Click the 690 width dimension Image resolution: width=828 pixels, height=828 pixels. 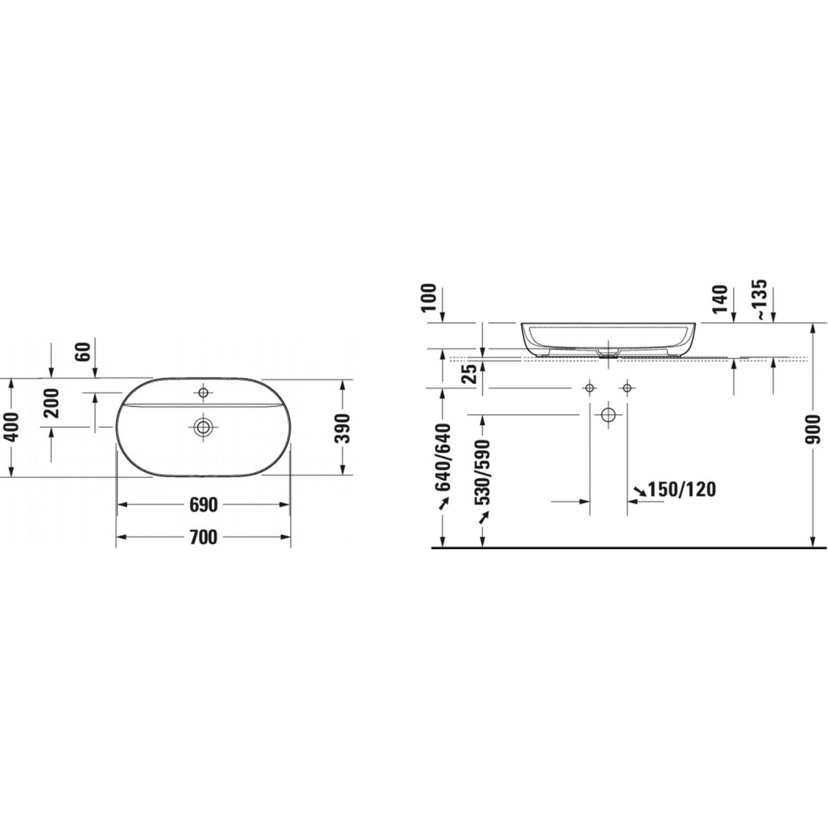[204, 505]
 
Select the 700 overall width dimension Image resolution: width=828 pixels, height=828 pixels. [204, 537]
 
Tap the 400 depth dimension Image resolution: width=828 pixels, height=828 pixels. [12, 428]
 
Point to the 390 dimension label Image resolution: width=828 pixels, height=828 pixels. [342, 428]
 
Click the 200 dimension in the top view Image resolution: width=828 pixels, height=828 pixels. [52, 403]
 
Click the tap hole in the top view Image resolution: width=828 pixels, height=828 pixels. [204, 393]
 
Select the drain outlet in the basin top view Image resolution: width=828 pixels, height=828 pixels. [204, 427]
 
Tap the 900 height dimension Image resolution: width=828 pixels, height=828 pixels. [813, 430]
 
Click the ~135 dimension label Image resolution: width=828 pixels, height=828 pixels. [761, 299]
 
